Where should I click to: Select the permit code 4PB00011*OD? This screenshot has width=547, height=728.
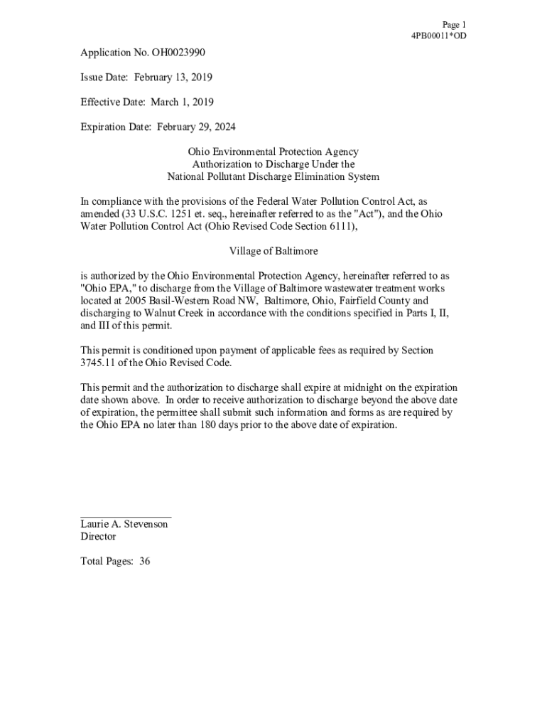(x=439, y=36)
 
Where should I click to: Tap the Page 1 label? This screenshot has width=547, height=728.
(x=454, y=25)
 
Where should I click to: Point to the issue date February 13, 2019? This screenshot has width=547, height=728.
(x=174, y=77)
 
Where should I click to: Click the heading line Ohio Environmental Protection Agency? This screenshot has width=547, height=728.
(x=273, y=152)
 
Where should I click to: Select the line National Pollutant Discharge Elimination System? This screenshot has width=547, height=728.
(x=273, y=176)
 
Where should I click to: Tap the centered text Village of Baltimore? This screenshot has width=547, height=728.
(x=273, y=251)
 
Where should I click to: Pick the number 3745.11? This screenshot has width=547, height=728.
(x=99, y=363)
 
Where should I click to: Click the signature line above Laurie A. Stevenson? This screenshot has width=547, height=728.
(x=126, y=516)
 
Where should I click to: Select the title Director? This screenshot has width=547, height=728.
(x=98, y=537)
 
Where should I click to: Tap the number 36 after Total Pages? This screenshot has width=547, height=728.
(x=144, y=562)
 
